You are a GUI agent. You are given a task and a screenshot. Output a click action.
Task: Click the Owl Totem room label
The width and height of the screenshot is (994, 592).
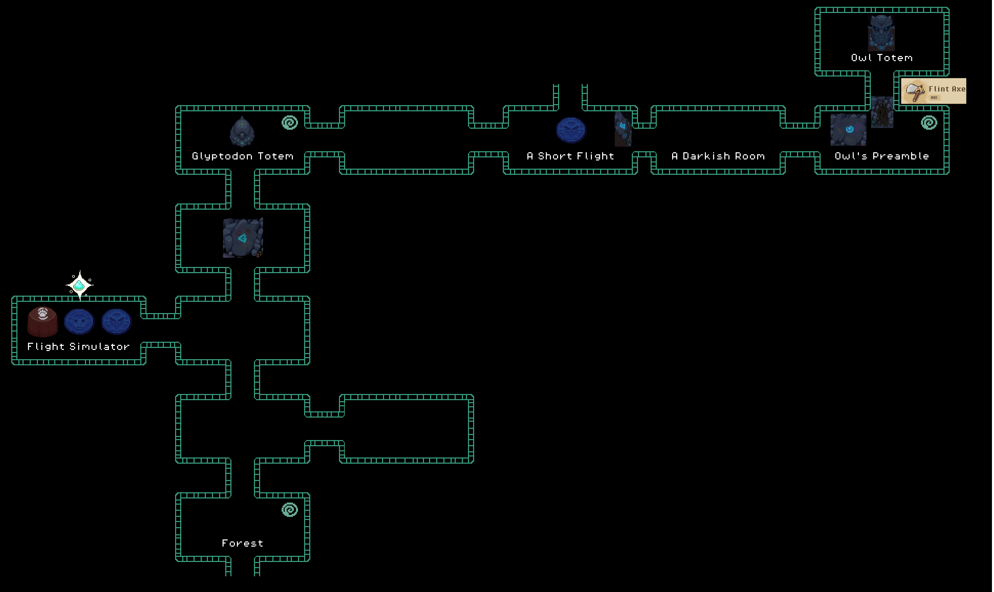[882, 58]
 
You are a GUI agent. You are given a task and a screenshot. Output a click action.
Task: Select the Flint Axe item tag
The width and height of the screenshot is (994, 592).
[933, 91]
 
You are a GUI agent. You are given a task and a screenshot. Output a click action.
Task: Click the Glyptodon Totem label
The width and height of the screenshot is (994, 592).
[242, 156]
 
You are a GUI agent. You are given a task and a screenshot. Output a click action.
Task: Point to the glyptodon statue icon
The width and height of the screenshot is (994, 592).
[242, 131]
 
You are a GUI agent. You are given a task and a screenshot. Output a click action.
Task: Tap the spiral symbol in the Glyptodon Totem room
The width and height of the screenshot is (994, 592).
[290, 123]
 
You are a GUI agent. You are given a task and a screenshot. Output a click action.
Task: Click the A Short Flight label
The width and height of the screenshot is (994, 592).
[570, 156]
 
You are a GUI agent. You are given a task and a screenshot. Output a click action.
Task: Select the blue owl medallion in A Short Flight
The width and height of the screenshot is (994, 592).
[571, 130]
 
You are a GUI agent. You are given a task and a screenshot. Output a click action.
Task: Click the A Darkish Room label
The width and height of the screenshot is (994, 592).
[718, 156]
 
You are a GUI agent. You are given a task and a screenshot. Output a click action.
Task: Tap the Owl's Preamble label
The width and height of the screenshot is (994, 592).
[882, 156]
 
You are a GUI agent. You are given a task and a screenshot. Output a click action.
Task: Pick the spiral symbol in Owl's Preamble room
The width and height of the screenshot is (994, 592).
[929, 123]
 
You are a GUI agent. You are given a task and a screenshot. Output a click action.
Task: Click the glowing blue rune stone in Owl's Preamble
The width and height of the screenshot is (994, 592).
[848, 130]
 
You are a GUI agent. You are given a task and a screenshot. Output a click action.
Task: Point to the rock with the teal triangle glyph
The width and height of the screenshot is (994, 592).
[243, 238]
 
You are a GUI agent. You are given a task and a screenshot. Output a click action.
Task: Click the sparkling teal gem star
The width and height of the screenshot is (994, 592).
[79, 285]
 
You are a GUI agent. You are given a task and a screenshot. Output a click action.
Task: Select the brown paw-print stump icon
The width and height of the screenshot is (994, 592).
[43, 322]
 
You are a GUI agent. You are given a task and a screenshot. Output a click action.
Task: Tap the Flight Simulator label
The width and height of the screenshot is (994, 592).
[79, 347]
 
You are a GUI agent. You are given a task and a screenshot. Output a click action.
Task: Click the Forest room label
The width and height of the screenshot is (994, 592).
[242, 543]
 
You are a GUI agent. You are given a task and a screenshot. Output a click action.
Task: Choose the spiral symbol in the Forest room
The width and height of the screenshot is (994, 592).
[290, 509]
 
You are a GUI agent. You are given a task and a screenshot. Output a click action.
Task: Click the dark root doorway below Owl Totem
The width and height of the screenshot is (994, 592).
[882, 112]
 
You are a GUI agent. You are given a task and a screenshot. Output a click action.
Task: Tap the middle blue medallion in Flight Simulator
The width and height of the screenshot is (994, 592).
[79, 321]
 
